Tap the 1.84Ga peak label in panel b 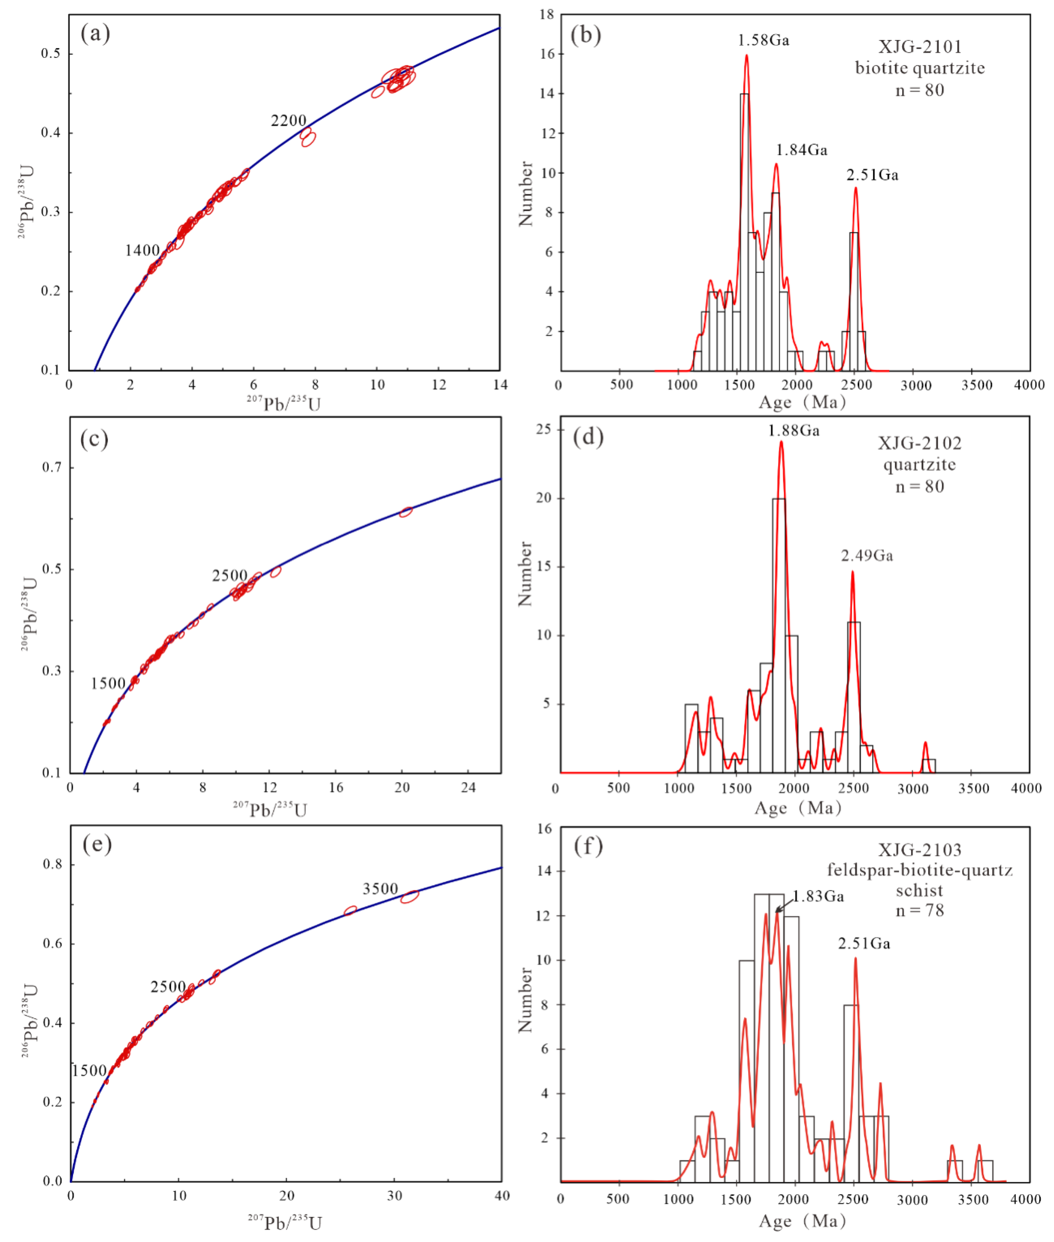pyautogui.click(x=801, y=150)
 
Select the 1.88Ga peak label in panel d pyautogui.click(x=793, y=430)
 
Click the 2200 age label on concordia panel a pyautogui.click(x=288, y=121)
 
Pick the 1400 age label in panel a pyautogui.click(x=142, y=251)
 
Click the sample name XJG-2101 pyautogui.click(x=919, y=47)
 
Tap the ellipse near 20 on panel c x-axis pyautogui.click(x=406, y=511)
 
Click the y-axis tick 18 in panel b pyautogui.click(x=547, y=14)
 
